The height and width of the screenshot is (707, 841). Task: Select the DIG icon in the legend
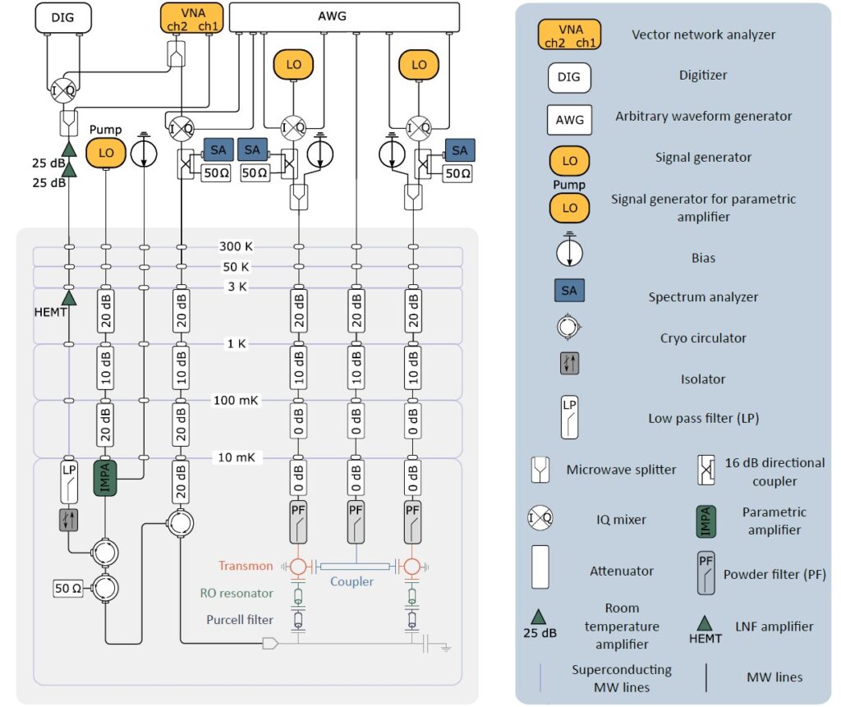click(x=569, y=76)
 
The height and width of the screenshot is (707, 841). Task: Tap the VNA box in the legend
click(x=569, y=34)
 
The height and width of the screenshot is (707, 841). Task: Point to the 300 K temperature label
click(x=237, y=246)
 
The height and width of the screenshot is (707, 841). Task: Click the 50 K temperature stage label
click(x=237, y=267)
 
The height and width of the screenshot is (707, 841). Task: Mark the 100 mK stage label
click(x=237, y=400)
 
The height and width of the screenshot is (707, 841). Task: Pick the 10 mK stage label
click(x=237, y=457)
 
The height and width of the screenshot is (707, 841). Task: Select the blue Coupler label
click(x=352, y=581)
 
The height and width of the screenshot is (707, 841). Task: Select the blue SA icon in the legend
click(x=569, y=290)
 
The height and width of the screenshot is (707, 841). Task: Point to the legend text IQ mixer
click(x=621, y=519)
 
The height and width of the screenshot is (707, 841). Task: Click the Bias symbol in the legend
click(x=569, y=250)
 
